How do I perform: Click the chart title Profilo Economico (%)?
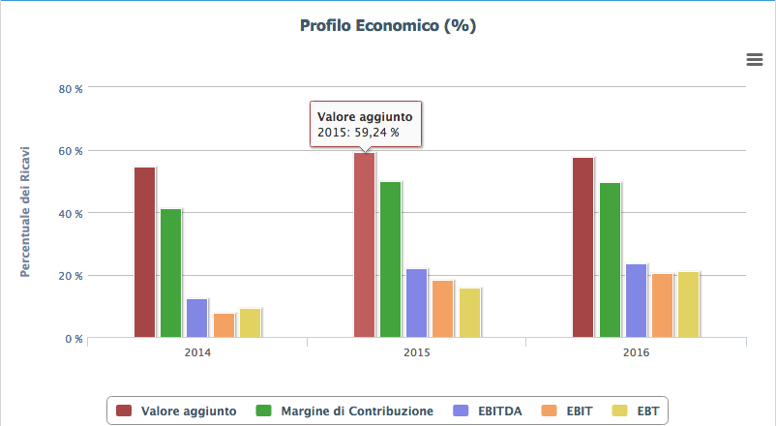point(387,26)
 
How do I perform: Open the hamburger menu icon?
point(755,60)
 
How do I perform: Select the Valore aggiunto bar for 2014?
point(145,253)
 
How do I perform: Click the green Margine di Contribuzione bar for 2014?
point(171,273)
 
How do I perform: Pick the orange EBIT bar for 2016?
point(662,306)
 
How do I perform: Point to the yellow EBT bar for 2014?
point(251,323)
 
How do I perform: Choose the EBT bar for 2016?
point(688,305)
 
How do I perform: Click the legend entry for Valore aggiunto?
point(176,411)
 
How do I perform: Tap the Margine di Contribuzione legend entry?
point(344,411)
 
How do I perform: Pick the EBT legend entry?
point(639,411)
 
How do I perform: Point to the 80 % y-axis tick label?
point(71,89)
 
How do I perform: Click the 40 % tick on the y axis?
point(71,213)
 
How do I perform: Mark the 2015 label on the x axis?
point(416,352)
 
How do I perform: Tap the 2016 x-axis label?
point(636,352)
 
